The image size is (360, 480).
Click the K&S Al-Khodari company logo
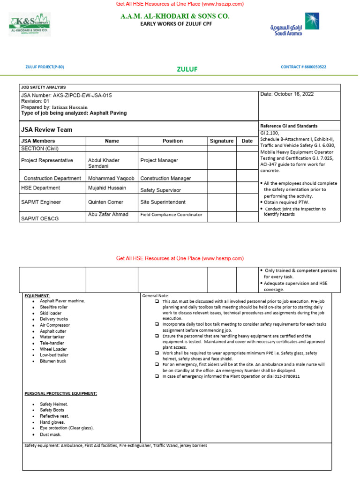pos(30,24)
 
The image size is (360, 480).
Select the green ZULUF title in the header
pos(187,69)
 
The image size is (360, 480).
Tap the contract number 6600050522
pos(314,67)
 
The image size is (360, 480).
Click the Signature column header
pos(222,141)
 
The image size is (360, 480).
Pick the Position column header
pos(172,141)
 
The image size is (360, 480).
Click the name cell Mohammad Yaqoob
pos(111,178)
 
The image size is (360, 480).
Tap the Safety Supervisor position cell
pos(160,190)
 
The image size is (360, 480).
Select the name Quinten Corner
pos(105,202)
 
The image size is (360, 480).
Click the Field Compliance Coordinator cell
pos(171,214)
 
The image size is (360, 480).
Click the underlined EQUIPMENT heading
pos(37,296)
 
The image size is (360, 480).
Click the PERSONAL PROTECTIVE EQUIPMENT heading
pos(60,393)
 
